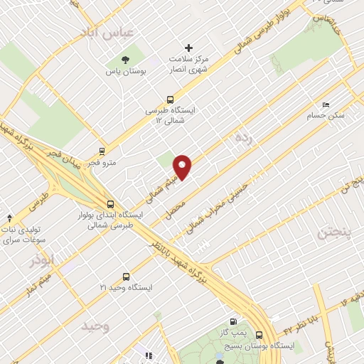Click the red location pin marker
[183, 166]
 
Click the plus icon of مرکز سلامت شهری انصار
[188, 47]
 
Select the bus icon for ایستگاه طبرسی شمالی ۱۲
[169, 100]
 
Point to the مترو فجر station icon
[102, 151]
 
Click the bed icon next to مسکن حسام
[326, 104]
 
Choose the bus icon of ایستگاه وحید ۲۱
[127, 277]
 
